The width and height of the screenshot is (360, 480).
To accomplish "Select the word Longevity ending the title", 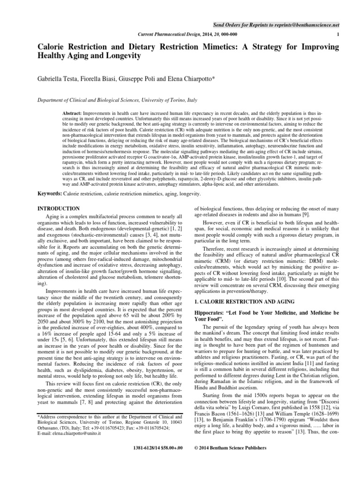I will (x=121, y=56).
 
